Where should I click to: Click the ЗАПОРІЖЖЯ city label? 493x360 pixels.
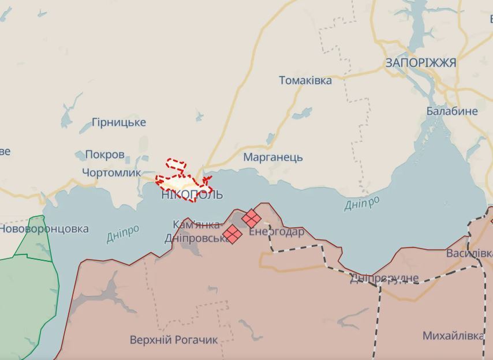[x=420, y=63]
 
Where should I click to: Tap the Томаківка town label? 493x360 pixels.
[x=305, y=81]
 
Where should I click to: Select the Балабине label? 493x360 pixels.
[x=452, y=111]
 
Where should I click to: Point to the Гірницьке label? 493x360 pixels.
[x=119, y=122]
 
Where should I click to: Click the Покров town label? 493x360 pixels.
[x=104, y=155]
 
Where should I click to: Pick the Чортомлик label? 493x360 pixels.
[x=111, y=172]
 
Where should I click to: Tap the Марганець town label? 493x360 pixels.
[x=273, y=157]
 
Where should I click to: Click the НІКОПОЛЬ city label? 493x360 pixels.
[x=192, y=195]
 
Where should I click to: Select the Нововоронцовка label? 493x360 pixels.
[x=44, y=229]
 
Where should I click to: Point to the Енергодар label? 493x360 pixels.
[x=277, y=232]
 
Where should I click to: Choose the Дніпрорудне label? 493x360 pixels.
[x=383, y=279]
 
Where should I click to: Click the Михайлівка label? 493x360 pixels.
[x=453, y=336]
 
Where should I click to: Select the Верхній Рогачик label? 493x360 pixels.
[x=174, y=340]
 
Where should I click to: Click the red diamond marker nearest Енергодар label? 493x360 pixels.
[x=251, y=218]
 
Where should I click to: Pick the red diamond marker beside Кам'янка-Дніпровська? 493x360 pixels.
[x=232, y=234]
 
